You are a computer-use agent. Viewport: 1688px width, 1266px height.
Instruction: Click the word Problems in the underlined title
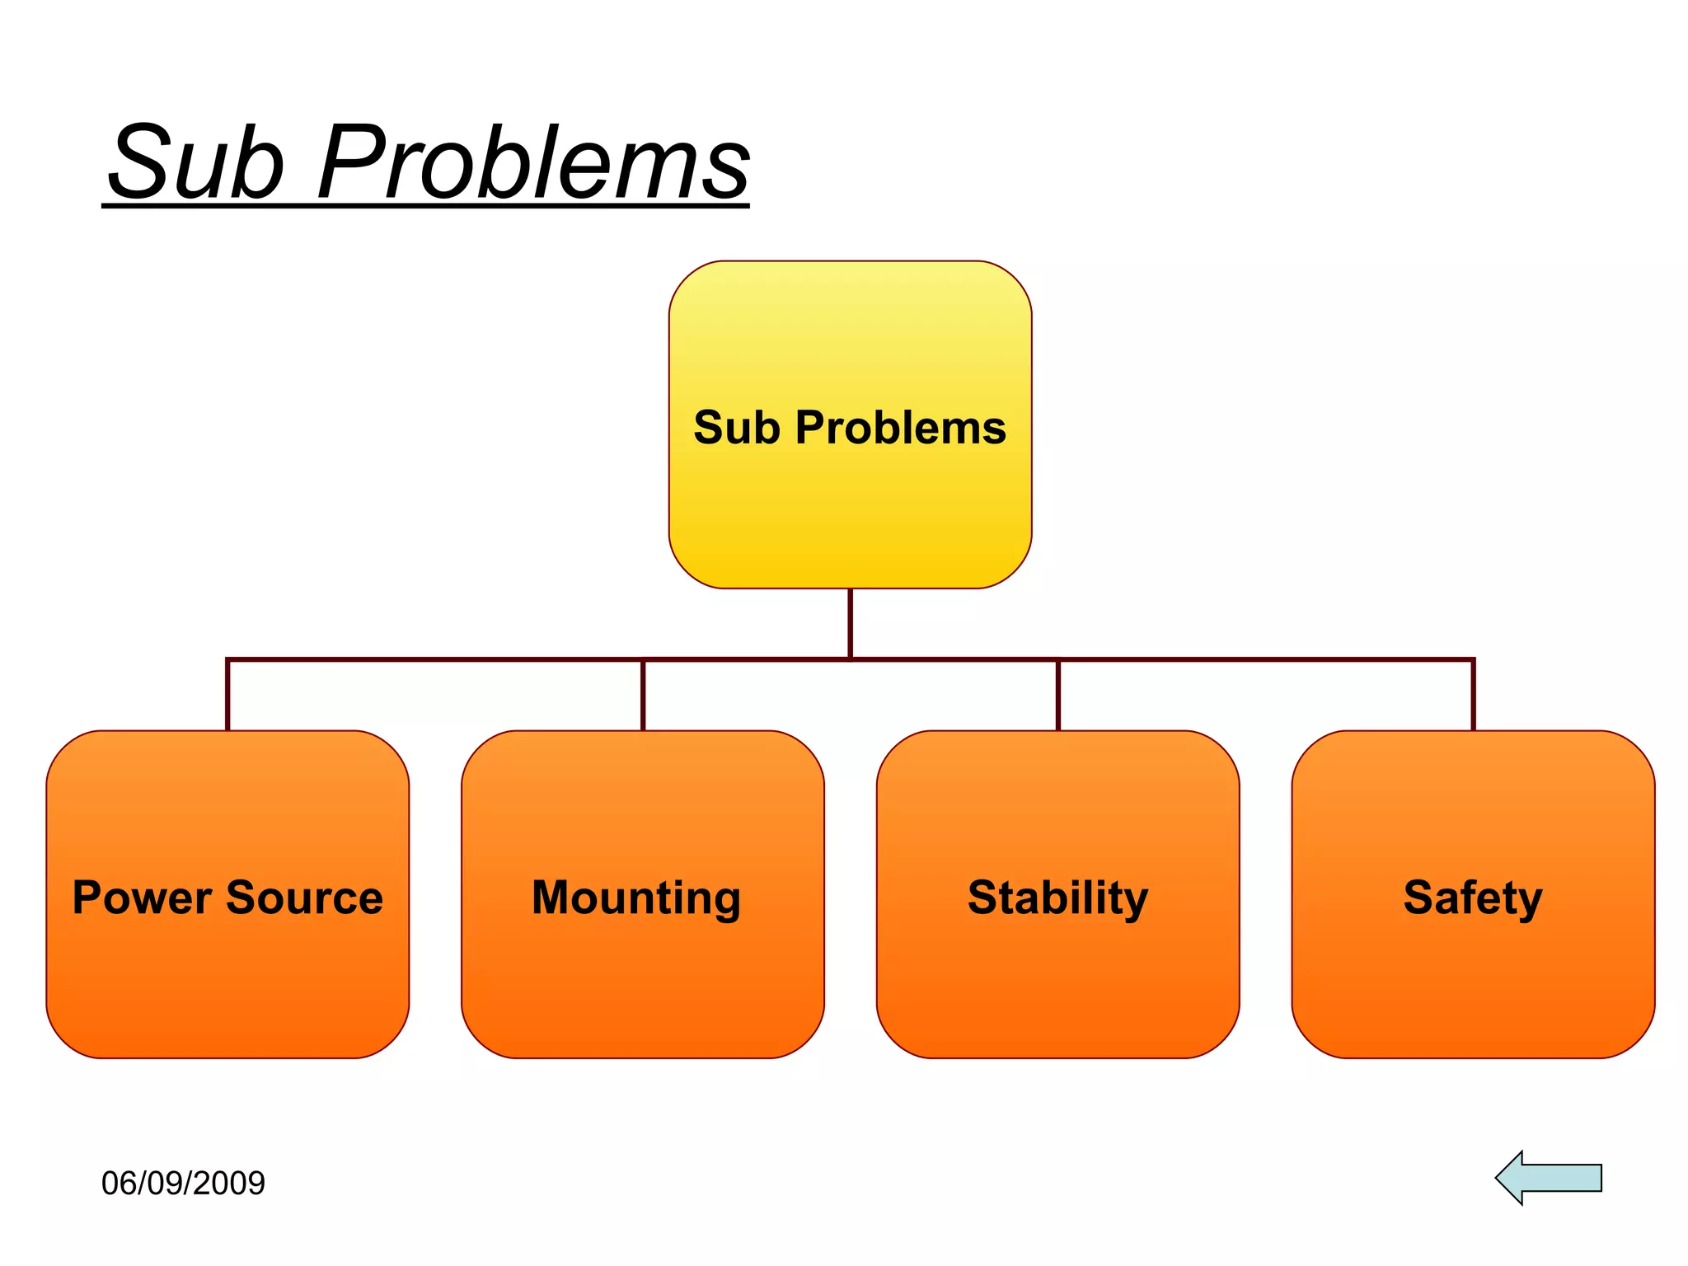(533, 162)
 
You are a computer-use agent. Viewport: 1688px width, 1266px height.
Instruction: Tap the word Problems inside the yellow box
(900, 428)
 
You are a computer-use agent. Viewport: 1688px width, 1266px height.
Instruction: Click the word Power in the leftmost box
(141, 898)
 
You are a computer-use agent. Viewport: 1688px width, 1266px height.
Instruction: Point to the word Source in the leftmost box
(304, 898)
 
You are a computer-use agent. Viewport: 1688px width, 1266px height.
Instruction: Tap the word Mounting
(636, 898)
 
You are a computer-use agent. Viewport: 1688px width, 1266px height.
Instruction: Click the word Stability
(1057, 898)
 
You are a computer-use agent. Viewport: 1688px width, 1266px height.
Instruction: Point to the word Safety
(1473, 898)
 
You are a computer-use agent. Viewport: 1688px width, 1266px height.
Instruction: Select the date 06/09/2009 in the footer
(183, 1184)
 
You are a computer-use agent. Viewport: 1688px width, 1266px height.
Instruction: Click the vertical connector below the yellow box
(850, 623)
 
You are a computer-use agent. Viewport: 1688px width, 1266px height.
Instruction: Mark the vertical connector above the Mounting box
(643, 695)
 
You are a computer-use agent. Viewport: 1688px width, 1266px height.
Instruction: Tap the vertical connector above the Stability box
(1058, 695)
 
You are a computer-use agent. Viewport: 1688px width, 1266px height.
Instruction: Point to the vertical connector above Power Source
(227, 695)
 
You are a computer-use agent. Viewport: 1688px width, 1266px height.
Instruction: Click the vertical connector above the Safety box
(1473, 695)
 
